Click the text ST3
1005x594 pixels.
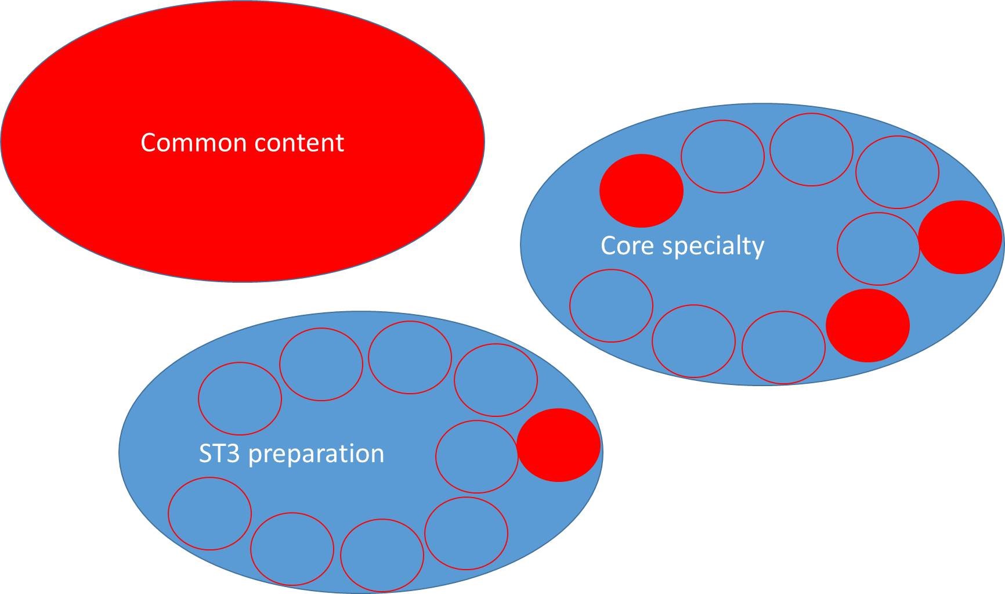click(x=219, y=453)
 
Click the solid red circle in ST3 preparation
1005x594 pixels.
click(x=558, y=445)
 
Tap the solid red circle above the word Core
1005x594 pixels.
click(x=641, y=190)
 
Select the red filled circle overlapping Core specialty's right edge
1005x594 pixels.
click(x=961, y=237)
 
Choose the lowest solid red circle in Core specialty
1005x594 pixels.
click(x=867, y=326)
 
